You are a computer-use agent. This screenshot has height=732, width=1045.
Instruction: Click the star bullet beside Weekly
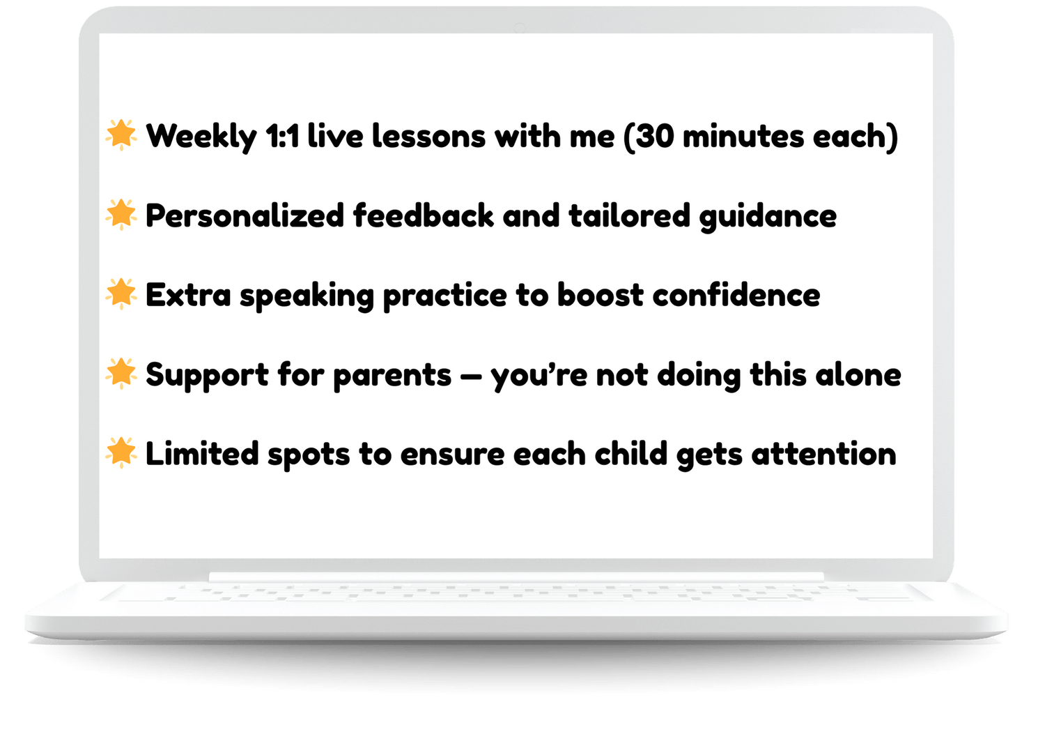coord(121,135)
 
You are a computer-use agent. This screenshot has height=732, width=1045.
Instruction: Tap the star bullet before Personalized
coord(121,215)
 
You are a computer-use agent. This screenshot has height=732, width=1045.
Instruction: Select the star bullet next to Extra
coord(121,294)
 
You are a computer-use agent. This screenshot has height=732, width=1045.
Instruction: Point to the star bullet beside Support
coord(121,374)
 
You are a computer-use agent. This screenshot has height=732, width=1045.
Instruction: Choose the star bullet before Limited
coord(121,453)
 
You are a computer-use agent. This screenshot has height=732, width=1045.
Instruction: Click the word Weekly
coord(201,137)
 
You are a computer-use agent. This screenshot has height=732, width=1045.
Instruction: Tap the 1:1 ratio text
coord(282,137)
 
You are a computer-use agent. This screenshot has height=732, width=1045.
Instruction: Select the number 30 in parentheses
coord(655,137)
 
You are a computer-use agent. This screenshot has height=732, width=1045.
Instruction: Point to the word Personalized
coord(245,217)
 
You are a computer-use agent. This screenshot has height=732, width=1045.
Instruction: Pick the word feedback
coord(423,215)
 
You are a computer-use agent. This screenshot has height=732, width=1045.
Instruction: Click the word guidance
coord(768,217)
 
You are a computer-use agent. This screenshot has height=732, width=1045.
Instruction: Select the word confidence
coord(736,295)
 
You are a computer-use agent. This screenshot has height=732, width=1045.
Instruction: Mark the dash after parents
coord(470,376)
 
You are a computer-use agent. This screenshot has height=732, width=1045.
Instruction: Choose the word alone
coord(858,374)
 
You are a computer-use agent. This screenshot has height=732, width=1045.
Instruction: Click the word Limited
coord(202,454)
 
